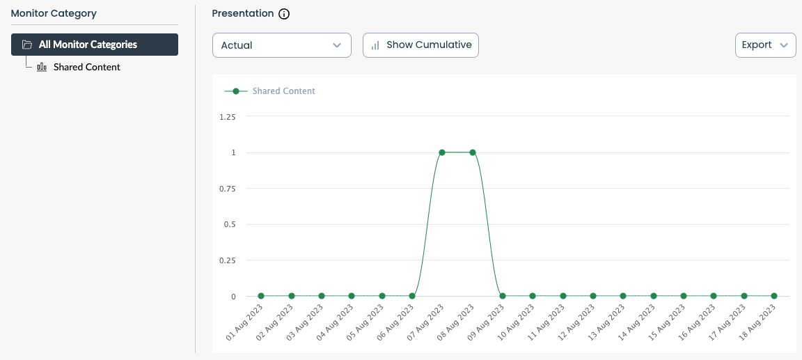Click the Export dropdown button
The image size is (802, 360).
click(x=765, y=45)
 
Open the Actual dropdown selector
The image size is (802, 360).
click(x=281, y=45)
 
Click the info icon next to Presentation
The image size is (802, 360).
click(x=284, y=14)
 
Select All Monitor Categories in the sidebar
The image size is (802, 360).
click(x=95, y=45)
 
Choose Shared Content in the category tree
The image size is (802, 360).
click(x=86, y=68)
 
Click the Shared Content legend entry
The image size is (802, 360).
click(x=283, y=91)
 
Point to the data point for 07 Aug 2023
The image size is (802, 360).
click(x=442, y=152)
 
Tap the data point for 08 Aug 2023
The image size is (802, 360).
click(x=473, y=152)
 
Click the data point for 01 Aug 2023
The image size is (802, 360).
click(x=261, y=296)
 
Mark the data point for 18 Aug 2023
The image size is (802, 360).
click(x=773, y=296)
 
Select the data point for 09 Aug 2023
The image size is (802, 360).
click(x=502, y=296)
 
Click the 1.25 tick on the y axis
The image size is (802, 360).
click(x=227, y=117)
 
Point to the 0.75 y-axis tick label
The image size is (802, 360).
click(x=227, y=189)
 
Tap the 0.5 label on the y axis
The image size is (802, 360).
click(x=230, y=225)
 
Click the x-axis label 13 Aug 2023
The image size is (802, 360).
click(x=606, y=322)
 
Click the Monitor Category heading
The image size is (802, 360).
click(x=54, y=13)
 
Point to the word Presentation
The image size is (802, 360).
click(x=242, y=13)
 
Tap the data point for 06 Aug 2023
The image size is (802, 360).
click(x=412, y=296)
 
